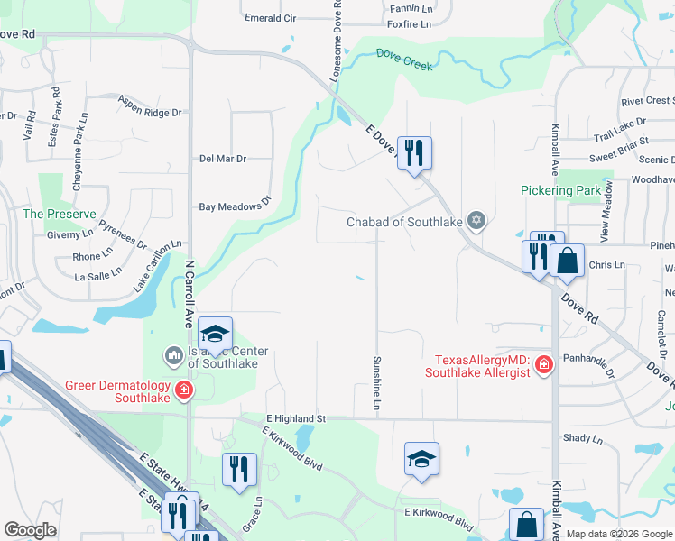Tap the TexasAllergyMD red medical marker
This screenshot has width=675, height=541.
coord(543,365)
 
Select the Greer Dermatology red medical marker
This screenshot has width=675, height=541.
coord(183,390)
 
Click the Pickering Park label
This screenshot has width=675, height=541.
coord(560,190)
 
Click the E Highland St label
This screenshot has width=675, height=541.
coord(296,419)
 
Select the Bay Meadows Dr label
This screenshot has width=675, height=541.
coord(235,205)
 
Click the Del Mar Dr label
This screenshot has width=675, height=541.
coord(222,159)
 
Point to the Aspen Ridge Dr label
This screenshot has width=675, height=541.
coord(150,106)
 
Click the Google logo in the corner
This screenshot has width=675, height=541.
coord(30,530)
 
